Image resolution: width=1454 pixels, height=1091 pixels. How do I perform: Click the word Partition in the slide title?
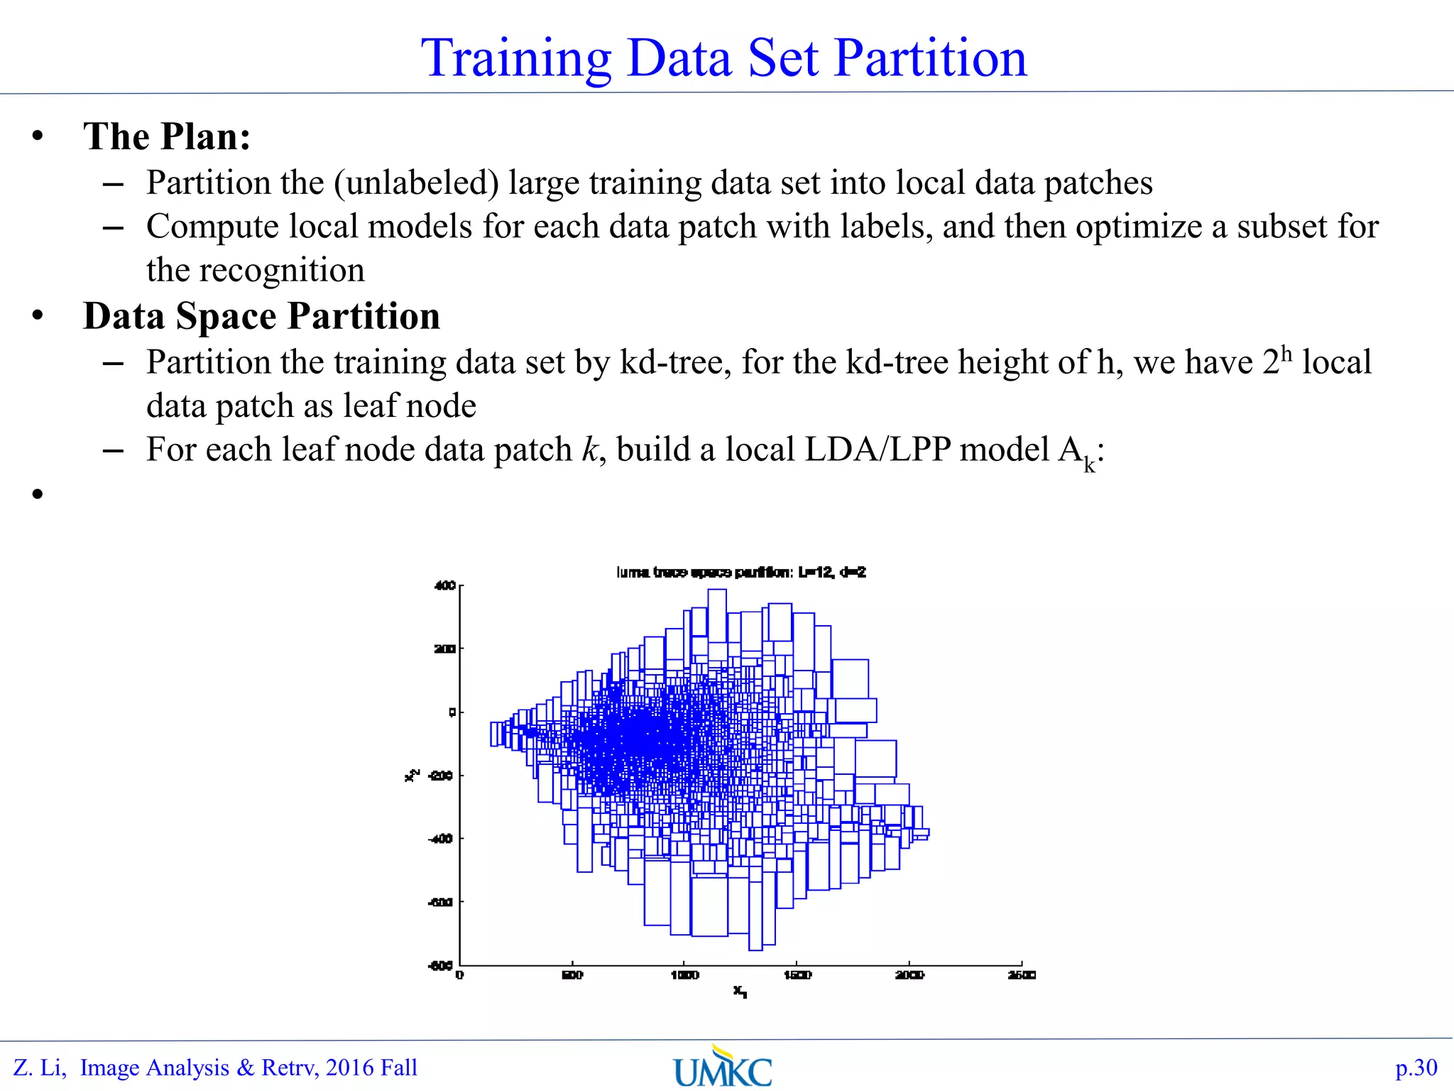coord(930,58)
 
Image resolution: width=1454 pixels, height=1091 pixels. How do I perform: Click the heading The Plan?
coord(167,136)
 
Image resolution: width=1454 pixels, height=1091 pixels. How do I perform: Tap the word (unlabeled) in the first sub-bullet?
coord(417,183)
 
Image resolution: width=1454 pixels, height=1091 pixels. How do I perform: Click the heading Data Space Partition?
coord(261,317)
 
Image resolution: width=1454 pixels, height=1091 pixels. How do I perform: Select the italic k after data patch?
coord(590,450)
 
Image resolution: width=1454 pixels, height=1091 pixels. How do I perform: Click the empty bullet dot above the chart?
coord(38,494)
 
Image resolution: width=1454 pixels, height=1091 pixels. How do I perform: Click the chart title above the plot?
coord(740,572)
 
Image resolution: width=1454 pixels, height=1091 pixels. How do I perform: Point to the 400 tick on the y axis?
coord(444,586)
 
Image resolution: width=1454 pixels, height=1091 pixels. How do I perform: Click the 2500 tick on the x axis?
coord(1022,975)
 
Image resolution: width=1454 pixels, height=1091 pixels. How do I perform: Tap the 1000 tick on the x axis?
coord(684,975)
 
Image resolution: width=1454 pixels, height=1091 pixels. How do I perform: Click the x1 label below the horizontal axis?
coord(740,991)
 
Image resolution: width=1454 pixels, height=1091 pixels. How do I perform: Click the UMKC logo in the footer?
coord(723,1068)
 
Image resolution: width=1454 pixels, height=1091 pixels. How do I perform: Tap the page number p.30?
coord(1416,1068)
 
